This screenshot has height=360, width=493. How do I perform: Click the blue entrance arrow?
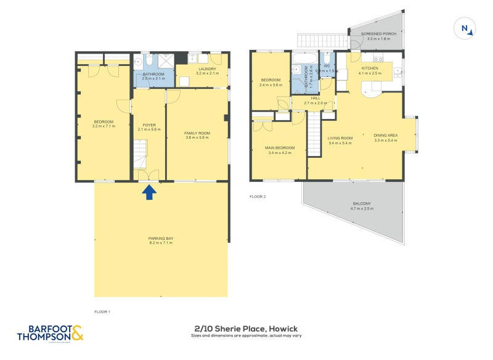pos(149,193)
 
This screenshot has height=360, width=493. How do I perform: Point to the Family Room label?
pos(197,133)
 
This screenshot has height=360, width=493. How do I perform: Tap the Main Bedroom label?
pos(280,148)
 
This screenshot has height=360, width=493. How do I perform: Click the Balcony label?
pos(362,204)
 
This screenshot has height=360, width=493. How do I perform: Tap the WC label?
pos(327,65)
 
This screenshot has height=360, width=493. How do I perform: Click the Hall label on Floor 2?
pos(315,98)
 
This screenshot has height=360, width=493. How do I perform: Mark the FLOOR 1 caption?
pos(102,312)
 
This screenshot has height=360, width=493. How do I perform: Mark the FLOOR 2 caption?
pos(257,197)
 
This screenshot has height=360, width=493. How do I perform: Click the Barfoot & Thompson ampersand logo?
pos(77,333)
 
